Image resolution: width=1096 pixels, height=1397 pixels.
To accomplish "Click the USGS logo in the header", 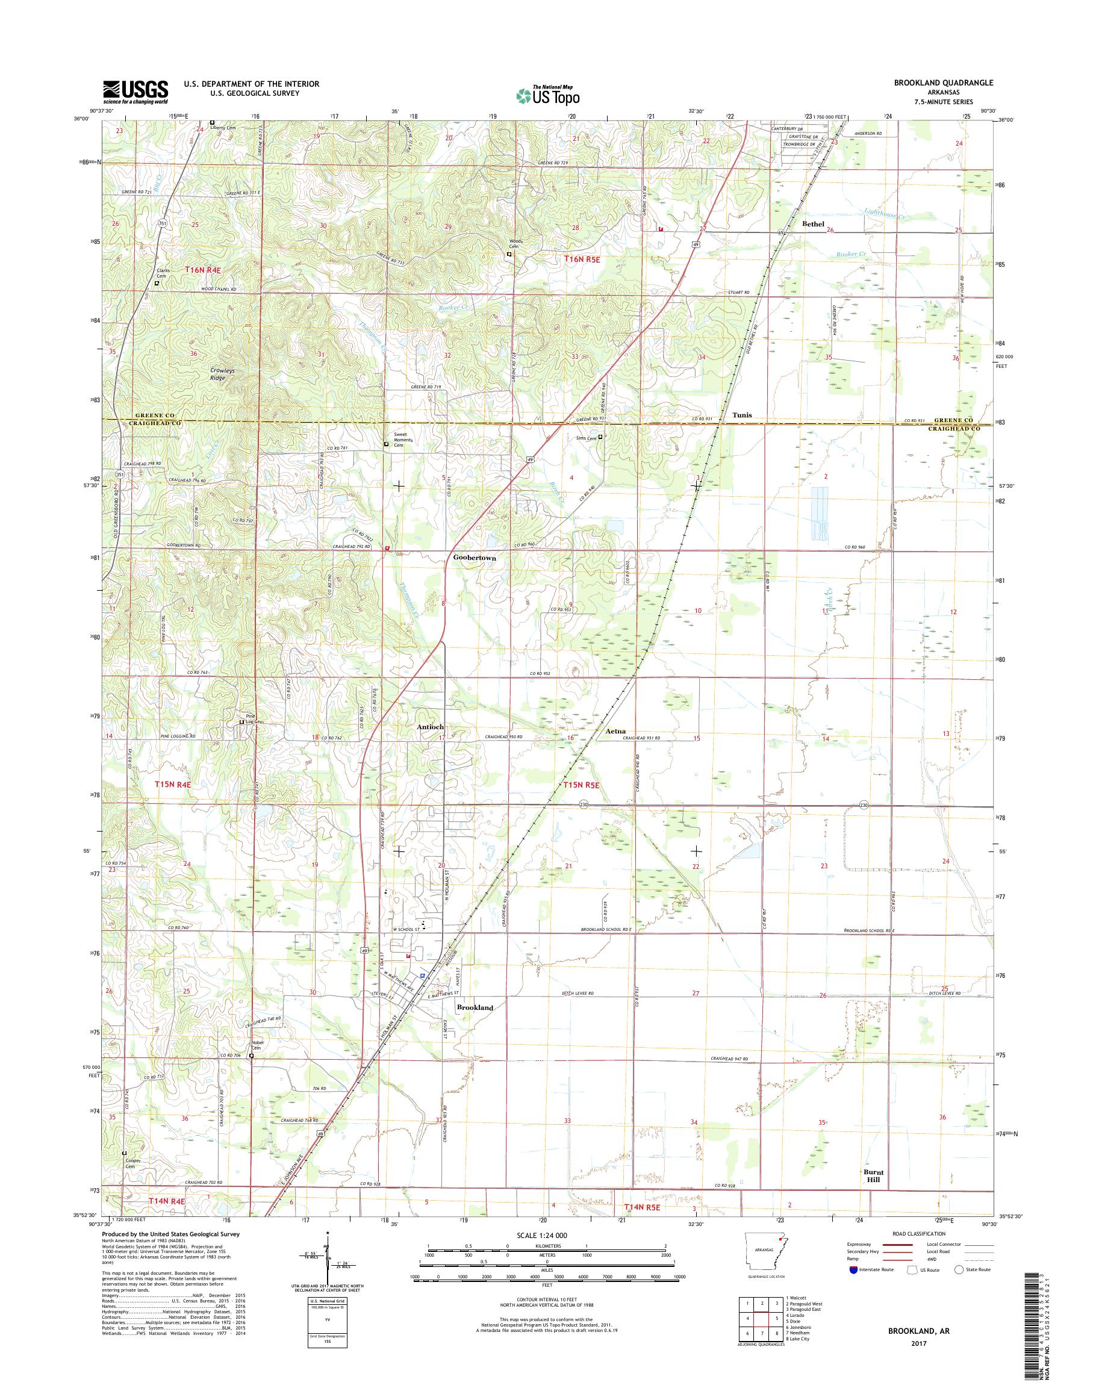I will click(135, 92).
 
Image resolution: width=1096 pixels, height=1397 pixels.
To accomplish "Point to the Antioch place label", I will click(430, 726).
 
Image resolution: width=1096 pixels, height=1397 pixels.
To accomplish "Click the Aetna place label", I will click(615, 731).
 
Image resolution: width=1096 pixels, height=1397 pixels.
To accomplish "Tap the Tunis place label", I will click(743, 414).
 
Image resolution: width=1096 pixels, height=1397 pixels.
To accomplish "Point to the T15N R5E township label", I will click(582, 784).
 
